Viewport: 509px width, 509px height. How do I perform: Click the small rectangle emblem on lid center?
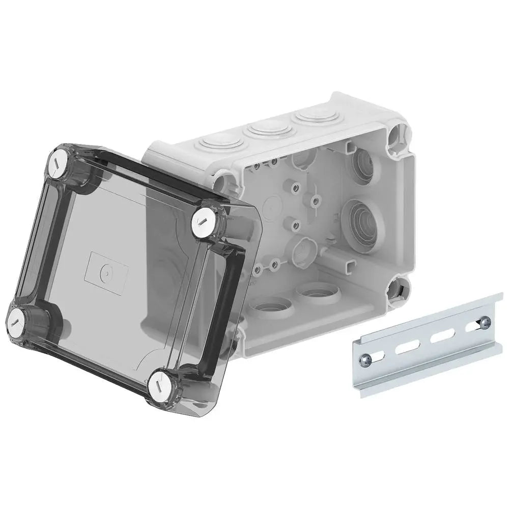click(x=106, y=271)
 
